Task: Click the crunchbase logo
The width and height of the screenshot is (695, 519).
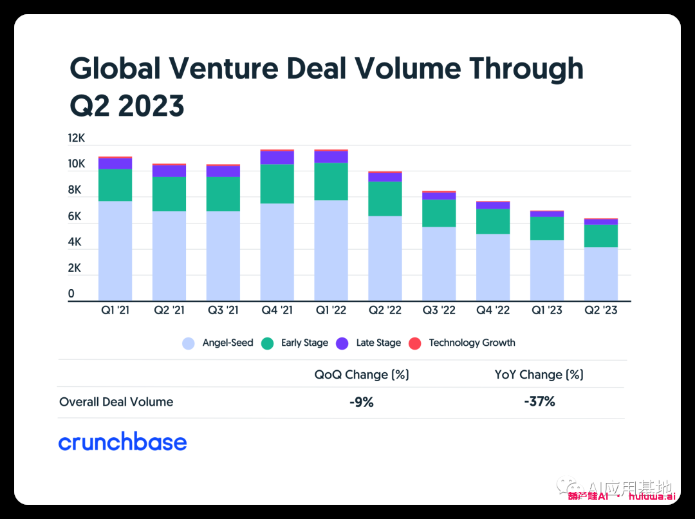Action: [122, 442]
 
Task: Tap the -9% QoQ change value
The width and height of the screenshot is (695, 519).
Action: [361, 402]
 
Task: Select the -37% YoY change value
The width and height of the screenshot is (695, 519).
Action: [539, 402]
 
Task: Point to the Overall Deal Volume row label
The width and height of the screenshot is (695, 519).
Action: [116, 402]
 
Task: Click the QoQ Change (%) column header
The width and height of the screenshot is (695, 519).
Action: [362, 374]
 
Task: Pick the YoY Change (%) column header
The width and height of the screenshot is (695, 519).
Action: [539, 374]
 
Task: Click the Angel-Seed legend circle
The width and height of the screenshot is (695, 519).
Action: [189, 343]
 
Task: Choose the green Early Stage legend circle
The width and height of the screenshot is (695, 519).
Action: [268, 343]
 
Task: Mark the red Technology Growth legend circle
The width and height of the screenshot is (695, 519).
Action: [416, 343]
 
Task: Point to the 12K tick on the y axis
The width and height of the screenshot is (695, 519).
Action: [77, 138]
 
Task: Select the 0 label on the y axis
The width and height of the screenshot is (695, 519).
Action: [71, 294]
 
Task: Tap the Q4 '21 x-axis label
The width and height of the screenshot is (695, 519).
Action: [277, 310]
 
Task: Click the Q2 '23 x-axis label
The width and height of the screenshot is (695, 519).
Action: [600, 310]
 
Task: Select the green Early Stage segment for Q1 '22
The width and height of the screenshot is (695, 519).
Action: [331, 182]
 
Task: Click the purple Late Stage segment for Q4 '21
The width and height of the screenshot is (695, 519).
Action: [277, 158]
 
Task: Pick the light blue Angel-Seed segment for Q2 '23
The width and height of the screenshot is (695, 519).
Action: [600, 274]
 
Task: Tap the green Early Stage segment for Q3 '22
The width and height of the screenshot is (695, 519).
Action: [439, 213]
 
